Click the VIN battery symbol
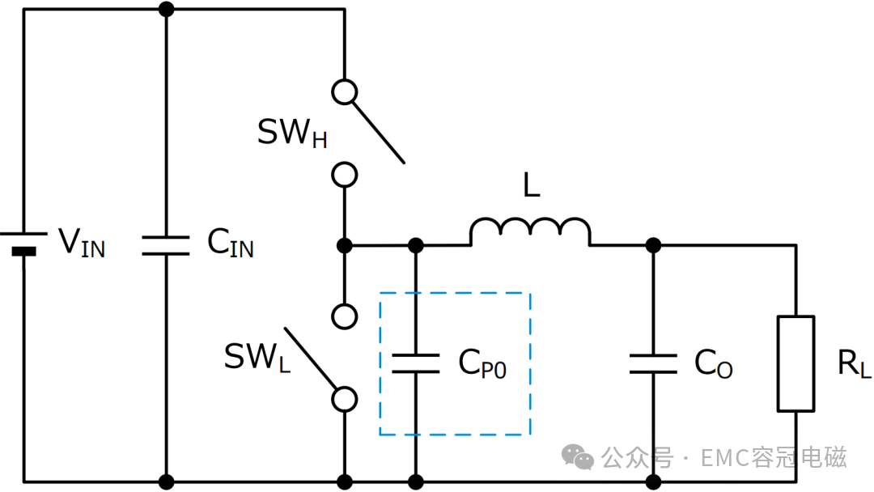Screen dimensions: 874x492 tap(23, 243)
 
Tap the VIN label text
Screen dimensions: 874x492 tap(82, 243)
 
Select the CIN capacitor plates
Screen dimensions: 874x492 tap(166, 246)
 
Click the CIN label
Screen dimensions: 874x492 tap(230, 243)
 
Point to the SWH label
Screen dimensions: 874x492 tap(292, 134)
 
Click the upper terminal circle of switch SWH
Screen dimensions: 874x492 tap(345, 92)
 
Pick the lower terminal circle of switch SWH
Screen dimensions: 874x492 tap(345, 175)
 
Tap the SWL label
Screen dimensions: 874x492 tap(257, 357)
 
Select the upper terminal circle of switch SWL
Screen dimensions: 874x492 tap(345, 316)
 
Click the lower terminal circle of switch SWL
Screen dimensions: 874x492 tap(345, 400)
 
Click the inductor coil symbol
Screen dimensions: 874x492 tap(530, 231)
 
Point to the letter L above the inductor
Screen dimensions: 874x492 tap(532, 185)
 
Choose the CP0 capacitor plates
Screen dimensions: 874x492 tap(416, 363)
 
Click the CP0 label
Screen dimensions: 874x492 tap(482, 363)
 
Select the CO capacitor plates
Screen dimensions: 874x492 tap(653, 363)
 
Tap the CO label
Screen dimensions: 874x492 tap(714, 363)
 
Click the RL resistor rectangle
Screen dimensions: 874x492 tap(796, 364)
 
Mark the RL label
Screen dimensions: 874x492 tap(855, 363)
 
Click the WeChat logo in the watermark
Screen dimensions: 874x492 tap(578, 457)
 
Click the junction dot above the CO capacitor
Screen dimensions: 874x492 tap(653, 245)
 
